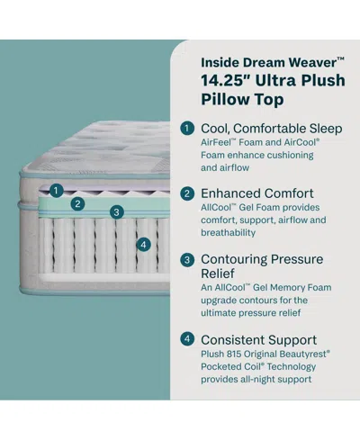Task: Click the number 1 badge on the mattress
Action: (x=56, y=190)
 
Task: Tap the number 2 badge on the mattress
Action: (x=78, y=203)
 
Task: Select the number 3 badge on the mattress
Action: (x=117, y=212)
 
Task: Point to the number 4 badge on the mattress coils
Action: (x=142, y=244)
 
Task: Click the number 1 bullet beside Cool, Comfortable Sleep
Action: (x=187, y=128)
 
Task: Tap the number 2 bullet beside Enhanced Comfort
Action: (x=187, y=193)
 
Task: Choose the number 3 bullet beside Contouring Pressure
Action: (x=187, y=259)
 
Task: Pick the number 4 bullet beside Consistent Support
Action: (x=187, y=340)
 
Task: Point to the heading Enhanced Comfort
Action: (x=257, y=193)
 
